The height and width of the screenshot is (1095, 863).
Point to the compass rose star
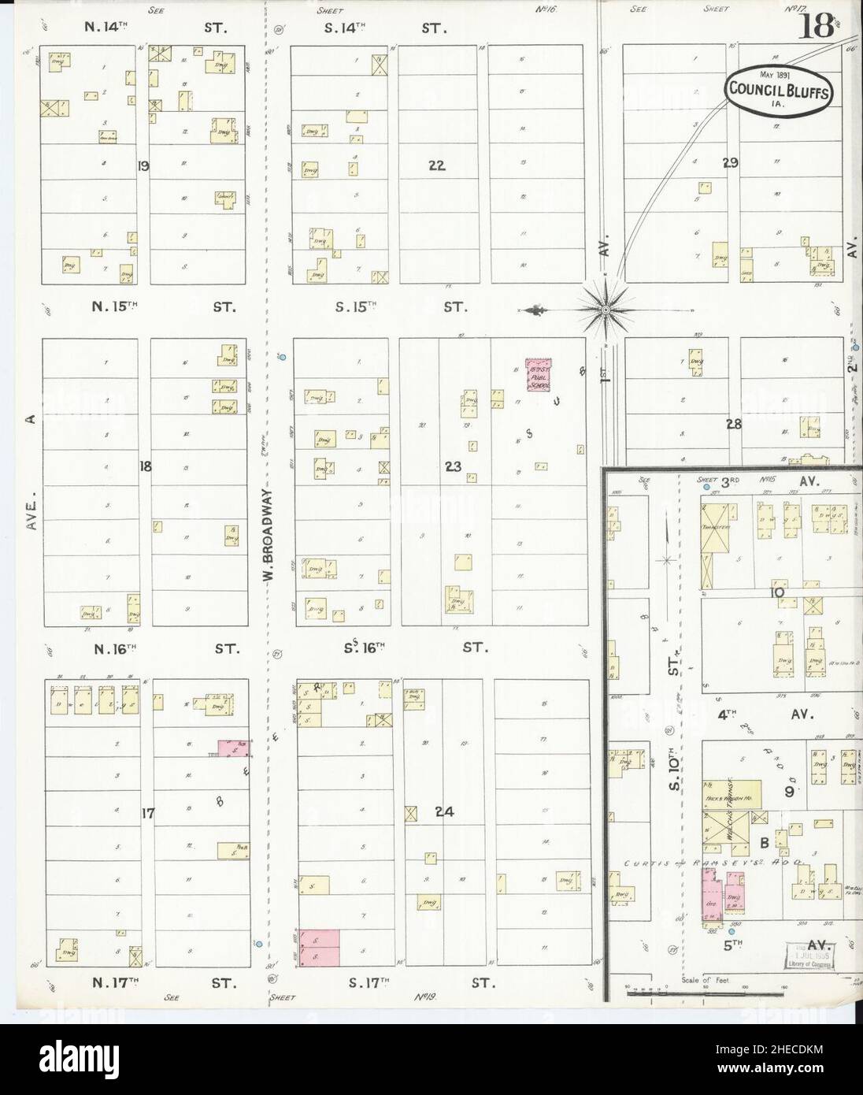[604, 310]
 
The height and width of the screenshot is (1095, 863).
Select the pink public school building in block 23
[539, 375]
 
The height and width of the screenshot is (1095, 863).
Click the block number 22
[437, 165]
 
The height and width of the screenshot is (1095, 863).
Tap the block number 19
[143, 165]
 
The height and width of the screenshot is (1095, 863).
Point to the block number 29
[731, 163]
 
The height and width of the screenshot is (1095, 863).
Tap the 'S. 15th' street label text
[359, 307]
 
